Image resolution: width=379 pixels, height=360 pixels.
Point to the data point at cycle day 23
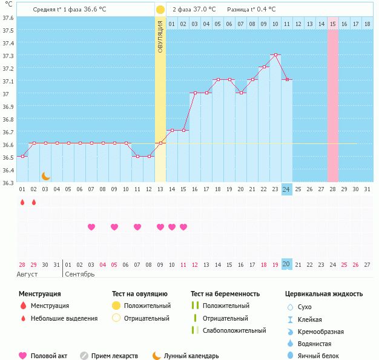click(x=275, y=55)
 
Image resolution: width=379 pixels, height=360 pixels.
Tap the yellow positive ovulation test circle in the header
click(x=160, y=10)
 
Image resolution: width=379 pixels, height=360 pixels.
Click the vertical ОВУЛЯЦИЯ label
click(x=160, y=36)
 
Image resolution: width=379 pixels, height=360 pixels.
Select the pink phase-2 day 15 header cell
click(x=333, y=24)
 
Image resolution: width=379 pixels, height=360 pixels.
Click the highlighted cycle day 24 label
click(x=287, y=189)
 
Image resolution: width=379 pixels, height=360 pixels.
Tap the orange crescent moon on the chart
click(x=45, y=176)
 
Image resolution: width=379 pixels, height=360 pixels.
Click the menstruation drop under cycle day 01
click(x=22, y=202)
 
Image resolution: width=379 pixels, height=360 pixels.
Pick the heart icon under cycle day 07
click(x=91, y=227)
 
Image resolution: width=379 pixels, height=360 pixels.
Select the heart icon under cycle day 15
click(x=183, y=227)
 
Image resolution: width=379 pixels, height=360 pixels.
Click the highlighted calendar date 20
click(x=287, y=264)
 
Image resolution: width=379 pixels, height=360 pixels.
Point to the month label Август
click(x=27, y=274)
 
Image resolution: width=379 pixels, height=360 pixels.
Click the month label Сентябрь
click(x=79, y=274)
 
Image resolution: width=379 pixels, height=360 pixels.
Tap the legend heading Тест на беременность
click(x=225, y=294)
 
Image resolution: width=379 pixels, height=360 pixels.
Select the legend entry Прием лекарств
click(x=114, y=356)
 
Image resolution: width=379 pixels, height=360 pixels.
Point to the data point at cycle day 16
click(x=195, y=93)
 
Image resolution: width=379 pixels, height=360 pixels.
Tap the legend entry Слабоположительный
click(x=234, y=330)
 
